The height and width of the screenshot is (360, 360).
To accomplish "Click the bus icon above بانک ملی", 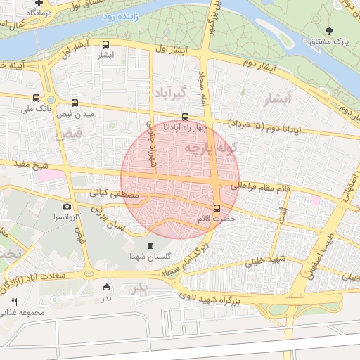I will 36,98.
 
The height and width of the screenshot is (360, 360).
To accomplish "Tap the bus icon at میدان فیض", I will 75,103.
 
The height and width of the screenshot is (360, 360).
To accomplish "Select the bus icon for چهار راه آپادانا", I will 185,117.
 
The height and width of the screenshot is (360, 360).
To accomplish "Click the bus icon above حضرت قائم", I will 216,208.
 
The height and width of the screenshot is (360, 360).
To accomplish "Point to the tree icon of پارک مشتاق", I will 330,31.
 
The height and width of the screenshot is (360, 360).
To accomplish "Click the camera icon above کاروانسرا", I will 67,207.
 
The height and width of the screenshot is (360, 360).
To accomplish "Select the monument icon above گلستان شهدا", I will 148,246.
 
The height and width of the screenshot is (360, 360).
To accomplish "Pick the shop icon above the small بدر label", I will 106,287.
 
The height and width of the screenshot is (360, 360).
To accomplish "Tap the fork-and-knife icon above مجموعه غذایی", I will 15,301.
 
